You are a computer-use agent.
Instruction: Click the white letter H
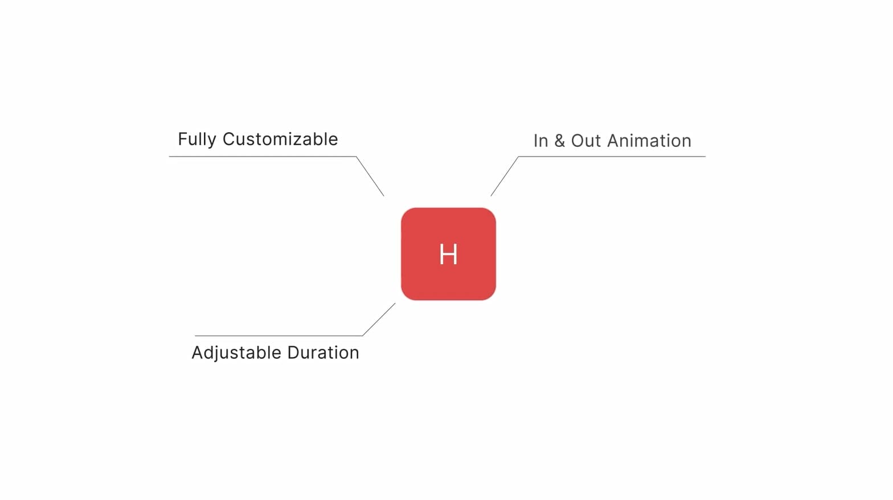pyautogui.click(x=449, y=253)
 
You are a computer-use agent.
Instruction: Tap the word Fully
pyautogui.click(x=197, y=140)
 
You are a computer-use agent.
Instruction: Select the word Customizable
pyautogui.click(x=280, y=139)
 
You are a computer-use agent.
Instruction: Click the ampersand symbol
pyautogui.click(x=560, y=141)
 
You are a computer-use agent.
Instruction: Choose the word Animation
pyautogui.click(x=649, y=141)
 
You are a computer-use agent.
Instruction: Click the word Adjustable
pyautogui.click(x=236, y=353)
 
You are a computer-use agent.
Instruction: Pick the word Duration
pyautogui.click(x=323, y=353)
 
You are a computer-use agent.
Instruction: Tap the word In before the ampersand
pyautogui.click(x=540, y=141)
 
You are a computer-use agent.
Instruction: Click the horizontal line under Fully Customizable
pyautogui.click(x=263, y=156)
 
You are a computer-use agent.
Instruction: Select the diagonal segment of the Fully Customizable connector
pyautogui.click(x=370, y=176)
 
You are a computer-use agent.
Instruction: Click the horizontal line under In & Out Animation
pyautogui.click(x=612, y=156)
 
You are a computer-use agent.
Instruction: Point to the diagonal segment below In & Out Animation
pyautogui.click(x=505, y=176)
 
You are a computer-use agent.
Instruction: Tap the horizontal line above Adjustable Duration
pyautogui.click(x=278, y=336)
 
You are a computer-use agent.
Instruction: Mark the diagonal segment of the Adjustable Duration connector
pyautogui.click(x=379, y=319)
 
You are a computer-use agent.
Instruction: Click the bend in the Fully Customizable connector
pyautogui.click(x=356, y=156)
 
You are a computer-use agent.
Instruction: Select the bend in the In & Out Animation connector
pyautogui.click(x=519, y=156)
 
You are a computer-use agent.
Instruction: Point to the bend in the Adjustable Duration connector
pyautogui.click(x=362, y=336)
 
